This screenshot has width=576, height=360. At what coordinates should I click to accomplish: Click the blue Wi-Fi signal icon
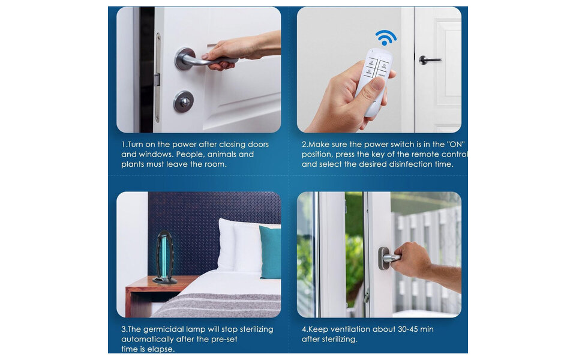click(x=385, y=37)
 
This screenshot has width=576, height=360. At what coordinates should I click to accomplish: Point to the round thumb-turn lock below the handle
click(x=184, y=102)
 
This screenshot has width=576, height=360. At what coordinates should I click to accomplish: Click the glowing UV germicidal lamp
click(x=165, y=257)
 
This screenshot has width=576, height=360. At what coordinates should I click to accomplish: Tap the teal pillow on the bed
click(x=270, y=252)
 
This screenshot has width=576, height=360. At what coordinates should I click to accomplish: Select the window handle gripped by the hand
click(x=389, y=258)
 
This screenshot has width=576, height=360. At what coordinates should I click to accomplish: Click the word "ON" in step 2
click(x=457, y=145)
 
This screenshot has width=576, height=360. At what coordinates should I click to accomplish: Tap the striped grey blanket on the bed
click(x=217, y=305)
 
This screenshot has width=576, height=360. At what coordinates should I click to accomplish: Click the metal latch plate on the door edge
click(x=158, y=78)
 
